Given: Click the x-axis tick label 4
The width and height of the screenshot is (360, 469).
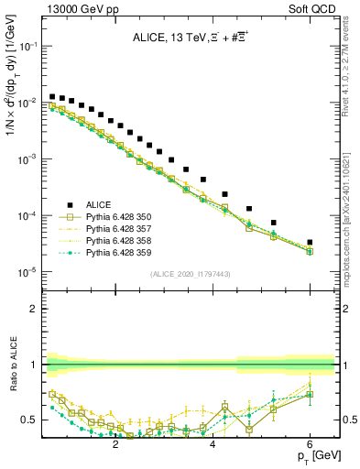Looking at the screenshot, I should [213, 445].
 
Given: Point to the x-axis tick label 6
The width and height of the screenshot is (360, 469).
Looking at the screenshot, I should [310, 445].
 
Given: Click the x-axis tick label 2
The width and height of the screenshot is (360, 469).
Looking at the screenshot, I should [115, 445].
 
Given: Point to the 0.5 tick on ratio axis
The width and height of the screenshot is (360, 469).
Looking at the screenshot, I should [32, 420].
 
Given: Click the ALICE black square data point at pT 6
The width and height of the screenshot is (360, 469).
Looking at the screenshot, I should [310, 243].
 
